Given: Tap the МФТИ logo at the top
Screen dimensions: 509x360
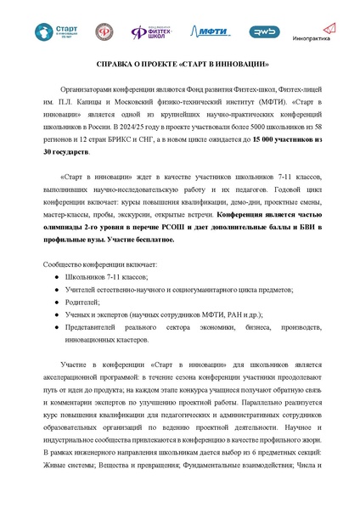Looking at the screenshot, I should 206,31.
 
